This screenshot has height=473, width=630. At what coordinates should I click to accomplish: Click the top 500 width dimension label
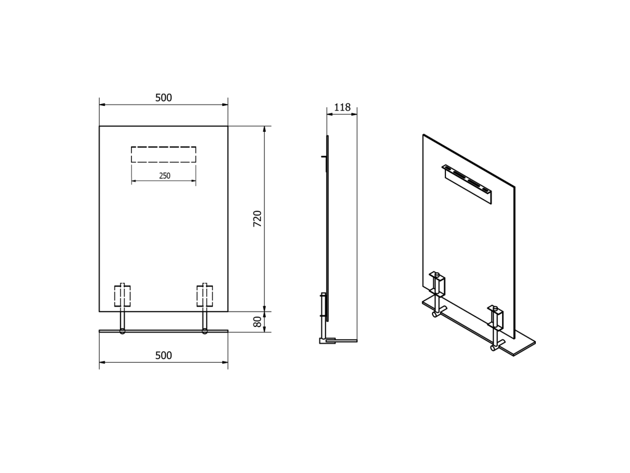coord(164,98)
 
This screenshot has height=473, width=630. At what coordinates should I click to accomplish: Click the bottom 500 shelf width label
coord(164,355)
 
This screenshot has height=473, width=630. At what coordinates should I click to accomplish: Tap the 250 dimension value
coord(165,176)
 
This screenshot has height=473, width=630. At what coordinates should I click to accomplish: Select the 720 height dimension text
coord(258,219)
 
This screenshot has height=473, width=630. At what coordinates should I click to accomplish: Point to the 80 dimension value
coord(258,321)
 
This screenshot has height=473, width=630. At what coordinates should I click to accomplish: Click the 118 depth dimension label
coord(342,107)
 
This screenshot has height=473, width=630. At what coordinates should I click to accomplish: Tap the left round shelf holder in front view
coord(122,331)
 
